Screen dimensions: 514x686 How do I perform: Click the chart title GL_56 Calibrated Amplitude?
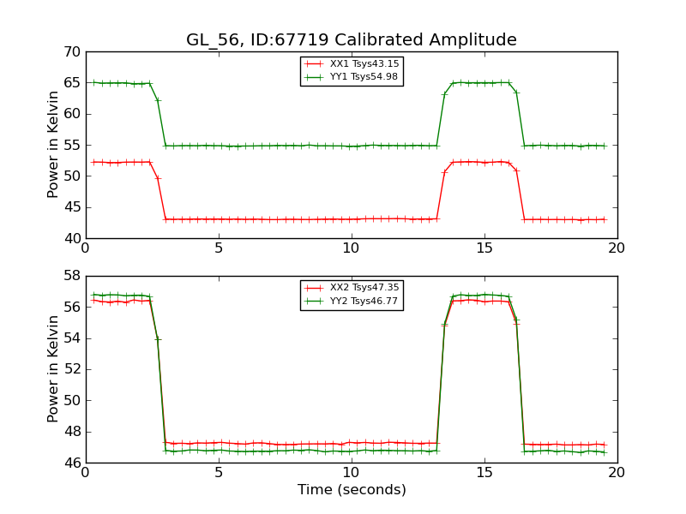[352, 40]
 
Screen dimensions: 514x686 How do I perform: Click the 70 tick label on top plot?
[71, 52]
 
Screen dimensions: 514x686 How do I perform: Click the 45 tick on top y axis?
[71, 207]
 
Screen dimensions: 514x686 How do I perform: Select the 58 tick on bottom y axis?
[71, 276]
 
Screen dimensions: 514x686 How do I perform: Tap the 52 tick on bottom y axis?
[71, 369]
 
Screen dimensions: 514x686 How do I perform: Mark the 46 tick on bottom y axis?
[71, 463]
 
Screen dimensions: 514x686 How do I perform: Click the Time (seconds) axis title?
[352, 490]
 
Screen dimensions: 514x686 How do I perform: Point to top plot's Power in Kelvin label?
[53, 145]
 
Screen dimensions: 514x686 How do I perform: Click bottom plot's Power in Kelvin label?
[53, 369]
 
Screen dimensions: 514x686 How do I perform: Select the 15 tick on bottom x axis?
[484, 473]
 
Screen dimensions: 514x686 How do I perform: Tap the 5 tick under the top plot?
[219, 248]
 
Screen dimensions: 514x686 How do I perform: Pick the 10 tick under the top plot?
[352, 248]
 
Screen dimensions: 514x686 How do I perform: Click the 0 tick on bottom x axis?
[86, 473]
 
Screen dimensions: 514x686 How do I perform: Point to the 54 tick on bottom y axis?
[71, 338]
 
